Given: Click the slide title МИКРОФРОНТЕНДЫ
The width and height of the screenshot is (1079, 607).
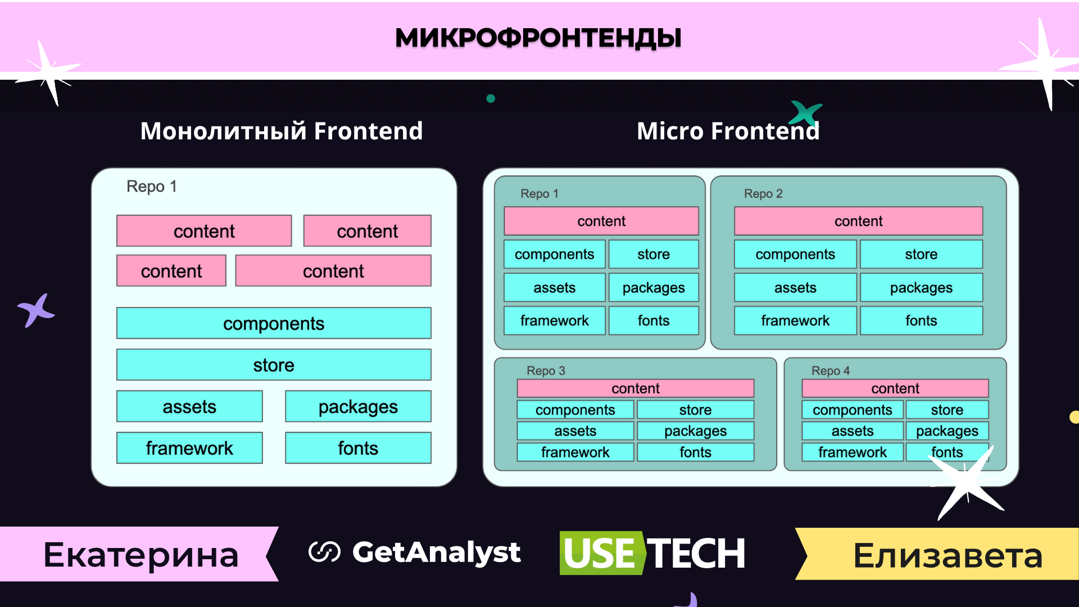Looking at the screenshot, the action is point(538,38).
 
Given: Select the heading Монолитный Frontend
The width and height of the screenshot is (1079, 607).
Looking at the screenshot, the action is point(281,131).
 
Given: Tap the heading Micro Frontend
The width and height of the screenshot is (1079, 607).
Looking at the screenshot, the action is point(728,131).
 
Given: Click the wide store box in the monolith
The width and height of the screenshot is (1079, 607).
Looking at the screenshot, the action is point(274,365).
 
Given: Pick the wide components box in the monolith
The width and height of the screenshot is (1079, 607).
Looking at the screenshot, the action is point(274,323).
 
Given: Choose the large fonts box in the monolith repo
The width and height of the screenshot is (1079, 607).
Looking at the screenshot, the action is point(358,448).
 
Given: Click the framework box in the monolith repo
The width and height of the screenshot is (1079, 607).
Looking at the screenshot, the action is point(189,448).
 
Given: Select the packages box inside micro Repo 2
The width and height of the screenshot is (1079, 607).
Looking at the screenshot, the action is point(921,288).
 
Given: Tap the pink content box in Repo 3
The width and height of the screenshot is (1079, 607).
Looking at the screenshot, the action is point(636,388).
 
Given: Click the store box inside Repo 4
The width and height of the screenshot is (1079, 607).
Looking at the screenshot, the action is point(947,410).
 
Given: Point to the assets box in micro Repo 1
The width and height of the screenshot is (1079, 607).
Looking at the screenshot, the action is point(555,288).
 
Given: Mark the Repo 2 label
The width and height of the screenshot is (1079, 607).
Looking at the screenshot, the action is point(763,194).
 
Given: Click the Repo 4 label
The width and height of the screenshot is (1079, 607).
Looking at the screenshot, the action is point(831,371).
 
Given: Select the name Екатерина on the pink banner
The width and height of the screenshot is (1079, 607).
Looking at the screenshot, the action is point(141,555).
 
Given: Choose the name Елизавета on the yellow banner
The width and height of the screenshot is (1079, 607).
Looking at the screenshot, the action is point(947,556).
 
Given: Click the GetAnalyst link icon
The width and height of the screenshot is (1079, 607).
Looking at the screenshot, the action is point(324,552).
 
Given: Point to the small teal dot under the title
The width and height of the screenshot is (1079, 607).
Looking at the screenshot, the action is point(491,98).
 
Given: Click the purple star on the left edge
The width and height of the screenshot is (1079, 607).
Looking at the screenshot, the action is point(35,310).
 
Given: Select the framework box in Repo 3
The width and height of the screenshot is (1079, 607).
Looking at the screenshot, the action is point(575,452).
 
